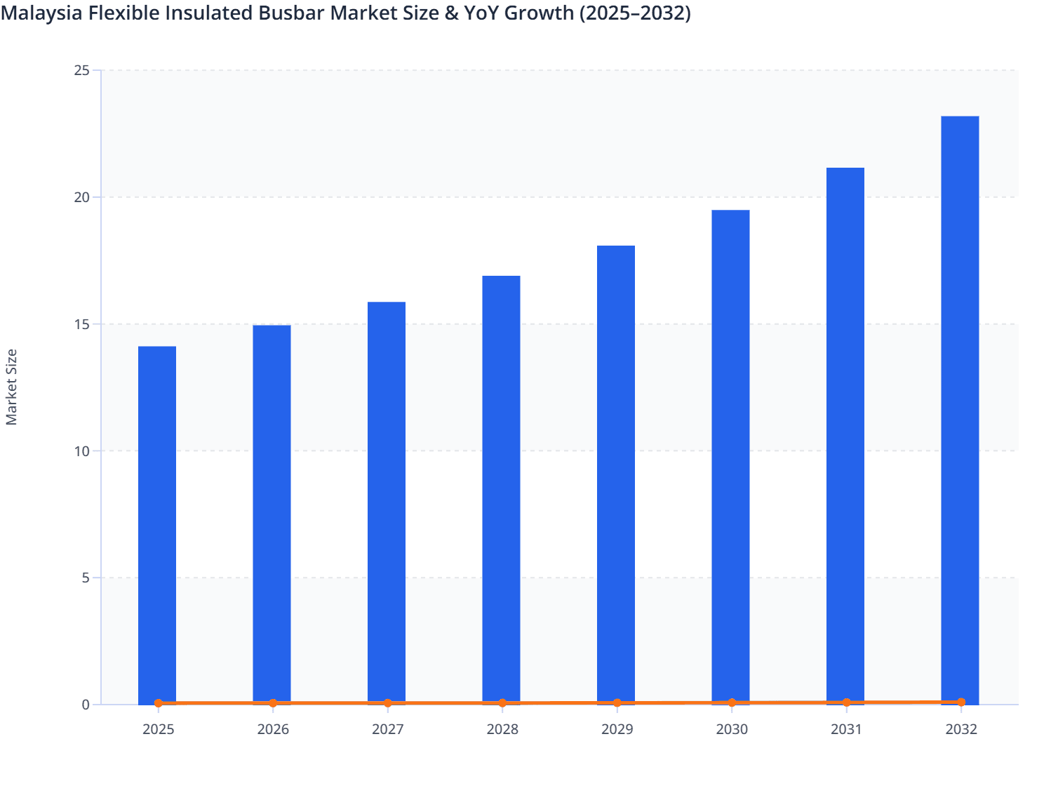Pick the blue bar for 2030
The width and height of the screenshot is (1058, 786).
click(730, 457)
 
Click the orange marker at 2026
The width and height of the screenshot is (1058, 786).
click(273, 703)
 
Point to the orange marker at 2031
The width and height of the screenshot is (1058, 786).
click(846, 702)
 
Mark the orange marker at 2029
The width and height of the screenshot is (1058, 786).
click(617, 702)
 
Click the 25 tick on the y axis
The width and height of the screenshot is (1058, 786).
click(82, 71)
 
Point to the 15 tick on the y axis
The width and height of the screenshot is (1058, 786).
click(82, 324)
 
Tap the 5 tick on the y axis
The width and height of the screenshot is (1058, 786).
click(86, 578)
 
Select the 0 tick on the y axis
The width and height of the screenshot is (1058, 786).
click(86, 705)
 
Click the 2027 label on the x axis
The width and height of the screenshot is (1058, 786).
click(387, 730)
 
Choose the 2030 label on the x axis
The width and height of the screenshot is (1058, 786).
click(731, 730)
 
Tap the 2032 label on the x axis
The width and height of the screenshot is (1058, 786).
click(960, 730)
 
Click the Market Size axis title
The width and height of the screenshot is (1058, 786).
click(11, 387)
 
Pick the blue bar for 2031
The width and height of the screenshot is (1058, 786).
click(845, 436)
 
